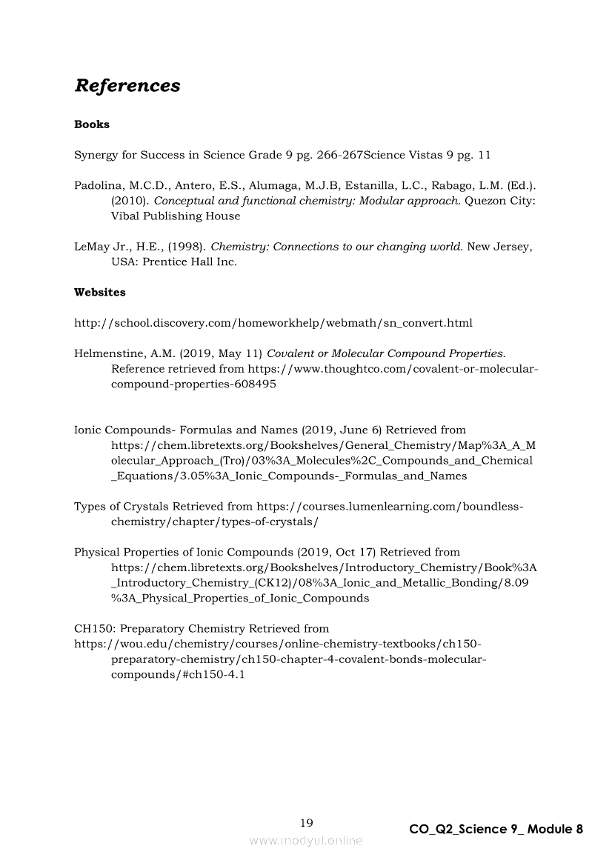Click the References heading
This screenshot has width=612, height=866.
[x=127, y=86]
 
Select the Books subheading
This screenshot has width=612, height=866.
[x=92, y=124]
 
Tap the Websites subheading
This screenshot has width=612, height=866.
[x=100, y=292]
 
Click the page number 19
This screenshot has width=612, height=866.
[x=307, y=822]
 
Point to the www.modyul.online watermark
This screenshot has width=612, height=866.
[x=306, y=840]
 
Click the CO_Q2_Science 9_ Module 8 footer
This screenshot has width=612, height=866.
[x=496, y=829]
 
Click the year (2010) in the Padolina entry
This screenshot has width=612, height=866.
[x=128, y=201]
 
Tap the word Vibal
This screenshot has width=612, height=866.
[x=127, y=216]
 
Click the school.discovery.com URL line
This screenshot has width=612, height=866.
[x=273, y=323]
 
